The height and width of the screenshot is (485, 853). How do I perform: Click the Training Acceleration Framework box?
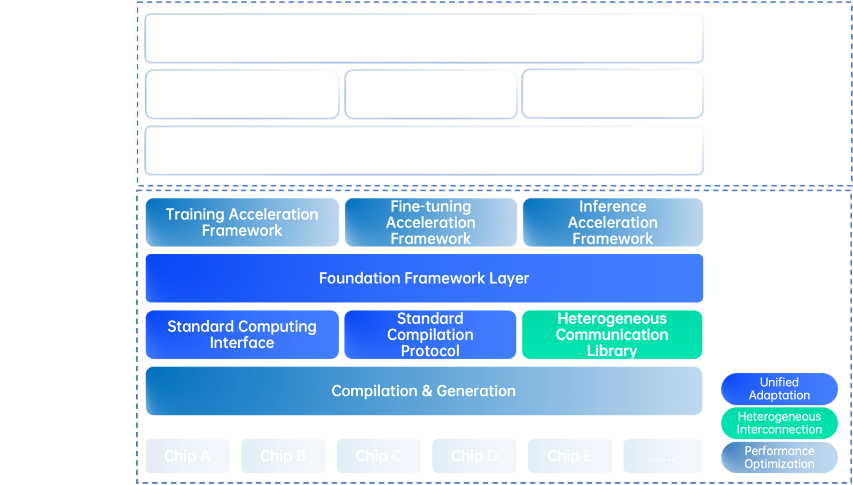tap(242, 222)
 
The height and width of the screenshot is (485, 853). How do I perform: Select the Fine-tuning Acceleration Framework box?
tap(430, 222)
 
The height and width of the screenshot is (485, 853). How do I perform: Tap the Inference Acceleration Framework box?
tap(612, 222)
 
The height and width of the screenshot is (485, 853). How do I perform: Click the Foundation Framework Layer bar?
tap(424, 278)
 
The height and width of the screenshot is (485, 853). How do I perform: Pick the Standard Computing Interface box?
tap(242, 335)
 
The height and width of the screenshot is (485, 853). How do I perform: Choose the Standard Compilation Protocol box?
tap(430, 335)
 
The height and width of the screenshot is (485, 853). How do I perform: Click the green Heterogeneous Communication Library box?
tap(612, 335)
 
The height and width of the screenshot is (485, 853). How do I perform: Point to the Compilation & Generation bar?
tap(423, 391)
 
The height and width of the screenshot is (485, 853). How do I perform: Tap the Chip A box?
tap(188, 456)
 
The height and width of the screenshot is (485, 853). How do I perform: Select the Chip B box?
tap(283, 456)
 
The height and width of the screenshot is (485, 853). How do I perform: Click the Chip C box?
tap(378, 456)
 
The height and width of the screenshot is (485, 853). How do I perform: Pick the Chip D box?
tap(474, 456)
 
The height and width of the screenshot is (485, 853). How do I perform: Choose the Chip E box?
tap(570, 456)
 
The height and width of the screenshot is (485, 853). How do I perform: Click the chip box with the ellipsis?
tap(663, 456)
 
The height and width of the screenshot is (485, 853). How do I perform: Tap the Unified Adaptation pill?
tap(779, 389)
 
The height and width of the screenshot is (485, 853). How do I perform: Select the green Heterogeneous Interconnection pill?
tap(779, 423)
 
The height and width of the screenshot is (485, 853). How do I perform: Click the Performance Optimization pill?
tap(779, 458)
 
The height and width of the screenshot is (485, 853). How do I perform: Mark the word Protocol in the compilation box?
tap(430, 351)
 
